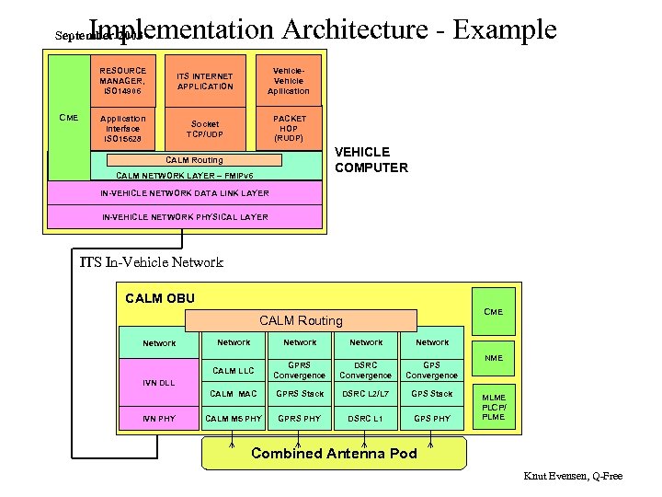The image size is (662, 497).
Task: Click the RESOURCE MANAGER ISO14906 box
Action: (123, 80)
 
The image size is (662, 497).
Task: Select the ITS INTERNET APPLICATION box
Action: (205, 81)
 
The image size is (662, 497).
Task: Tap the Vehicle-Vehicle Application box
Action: (289, 80)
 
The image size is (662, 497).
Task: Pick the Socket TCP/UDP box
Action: (205, 129)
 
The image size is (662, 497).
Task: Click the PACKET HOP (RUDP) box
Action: (289, 128)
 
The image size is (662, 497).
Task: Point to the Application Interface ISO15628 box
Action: (123, 129)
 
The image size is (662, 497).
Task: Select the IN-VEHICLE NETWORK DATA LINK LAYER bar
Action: (184, 193)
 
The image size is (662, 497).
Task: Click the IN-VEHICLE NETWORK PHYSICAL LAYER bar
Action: (184, 217)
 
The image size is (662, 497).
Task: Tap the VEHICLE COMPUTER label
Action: (371, 159)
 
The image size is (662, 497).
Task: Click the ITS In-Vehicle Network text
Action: (151, 262)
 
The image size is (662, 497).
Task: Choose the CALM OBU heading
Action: (159, 297)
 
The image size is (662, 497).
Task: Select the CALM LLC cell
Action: (234, 371)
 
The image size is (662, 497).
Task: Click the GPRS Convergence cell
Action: (300, 370)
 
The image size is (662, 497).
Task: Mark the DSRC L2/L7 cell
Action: (366, 394)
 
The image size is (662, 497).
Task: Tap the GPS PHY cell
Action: (431, 419)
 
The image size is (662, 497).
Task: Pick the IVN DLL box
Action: (159, 382)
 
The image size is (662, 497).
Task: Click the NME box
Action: (494, 358)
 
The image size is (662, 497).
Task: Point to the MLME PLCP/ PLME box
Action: (494, 406)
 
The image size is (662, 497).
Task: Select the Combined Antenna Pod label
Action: (334, 453)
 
